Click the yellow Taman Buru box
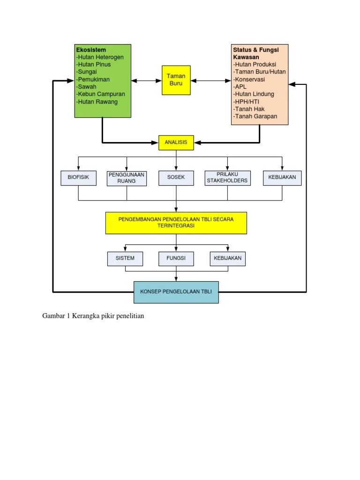coord(176,80)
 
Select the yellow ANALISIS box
coord(176,142)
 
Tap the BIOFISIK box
coord(78,178)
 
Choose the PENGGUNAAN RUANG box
coord(127,178)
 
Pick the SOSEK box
coord(176,178)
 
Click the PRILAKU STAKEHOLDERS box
coord(227,178)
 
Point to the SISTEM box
coord(125,258)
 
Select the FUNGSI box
coord(176,258)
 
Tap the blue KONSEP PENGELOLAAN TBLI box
coord(176,292)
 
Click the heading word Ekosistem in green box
coord(91,50)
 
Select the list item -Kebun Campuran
coord(100,94)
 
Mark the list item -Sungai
coord(87,72)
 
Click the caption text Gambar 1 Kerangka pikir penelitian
coord(93,316)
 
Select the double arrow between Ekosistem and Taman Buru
coord(146,81)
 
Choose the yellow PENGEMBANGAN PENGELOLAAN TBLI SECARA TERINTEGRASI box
coord(176,222)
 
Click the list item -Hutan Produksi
coord(255,64)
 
